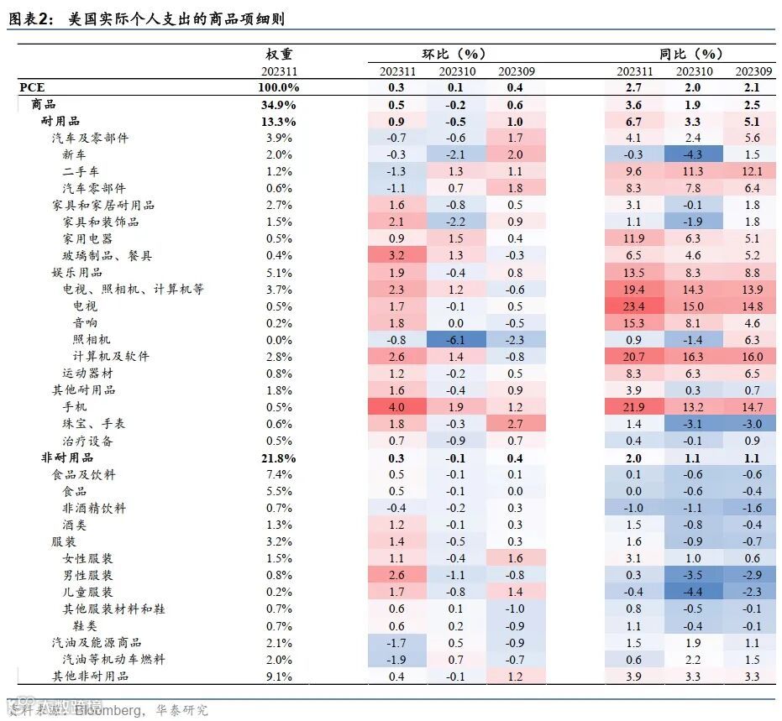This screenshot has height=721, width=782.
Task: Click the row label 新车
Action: [x=74, y=154]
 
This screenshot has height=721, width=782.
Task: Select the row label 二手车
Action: [x=80, y=171]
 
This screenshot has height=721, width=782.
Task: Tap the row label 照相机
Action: [x=92, y=339]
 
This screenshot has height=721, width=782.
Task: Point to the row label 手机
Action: [x=74, y=407]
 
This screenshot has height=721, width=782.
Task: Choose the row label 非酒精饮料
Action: [x=93, y=508]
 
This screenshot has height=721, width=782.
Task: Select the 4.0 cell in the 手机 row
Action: [x=397, y=407]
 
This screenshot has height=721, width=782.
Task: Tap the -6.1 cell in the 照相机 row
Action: [x=456, y=339]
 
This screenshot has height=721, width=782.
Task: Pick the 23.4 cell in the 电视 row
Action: [x=634, y=306]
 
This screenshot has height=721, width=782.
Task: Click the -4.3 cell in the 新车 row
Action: [x=694, y=154]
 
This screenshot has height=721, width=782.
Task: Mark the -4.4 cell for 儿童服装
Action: [x=694, y=592]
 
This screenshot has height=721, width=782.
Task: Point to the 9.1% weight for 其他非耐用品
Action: [x=279, y=676]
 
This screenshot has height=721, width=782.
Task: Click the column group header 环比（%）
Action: [x=454, y=55]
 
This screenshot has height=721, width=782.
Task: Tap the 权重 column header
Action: [x=279, y=55]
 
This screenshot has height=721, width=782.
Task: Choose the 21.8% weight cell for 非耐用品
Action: [x=279, y=457]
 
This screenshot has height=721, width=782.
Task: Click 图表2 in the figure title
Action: [x=32, y=18]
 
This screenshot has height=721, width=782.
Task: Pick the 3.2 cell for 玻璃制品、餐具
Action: [x=397, y=255]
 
